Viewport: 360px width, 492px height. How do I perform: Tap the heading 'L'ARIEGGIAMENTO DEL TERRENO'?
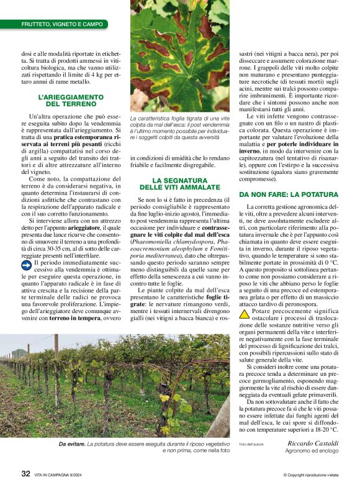point(70,101)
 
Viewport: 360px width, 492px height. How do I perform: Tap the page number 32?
point(25,473)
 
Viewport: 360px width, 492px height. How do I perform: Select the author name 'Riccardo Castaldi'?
point(313,444)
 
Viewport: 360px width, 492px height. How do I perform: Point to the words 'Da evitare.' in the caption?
point(71,444)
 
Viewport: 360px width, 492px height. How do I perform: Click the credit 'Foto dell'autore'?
point(251,444)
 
